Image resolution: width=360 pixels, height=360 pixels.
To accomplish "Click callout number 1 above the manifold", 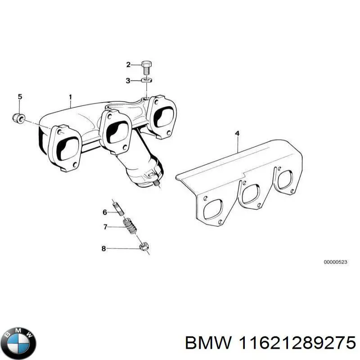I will click(70, 97).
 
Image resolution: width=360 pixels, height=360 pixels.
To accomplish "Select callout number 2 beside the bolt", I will click(128, 65).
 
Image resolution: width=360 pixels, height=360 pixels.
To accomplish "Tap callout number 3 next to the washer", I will click(128, 81).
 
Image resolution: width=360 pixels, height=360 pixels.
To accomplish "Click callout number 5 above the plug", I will click(19, 97).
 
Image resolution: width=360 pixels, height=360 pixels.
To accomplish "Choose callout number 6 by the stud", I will click(104, 212).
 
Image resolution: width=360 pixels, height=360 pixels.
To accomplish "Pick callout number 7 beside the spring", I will click(105, 227).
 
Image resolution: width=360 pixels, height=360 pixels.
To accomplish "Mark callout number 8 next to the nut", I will click(103, 248).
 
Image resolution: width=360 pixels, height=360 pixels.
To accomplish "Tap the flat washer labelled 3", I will click(145, 80).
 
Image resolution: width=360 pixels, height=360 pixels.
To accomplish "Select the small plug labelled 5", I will click(18, 118).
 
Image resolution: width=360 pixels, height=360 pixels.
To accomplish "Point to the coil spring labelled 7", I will click(130, 225).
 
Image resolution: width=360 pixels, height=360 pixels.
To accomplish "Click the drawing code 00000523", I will click(336, 262).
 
